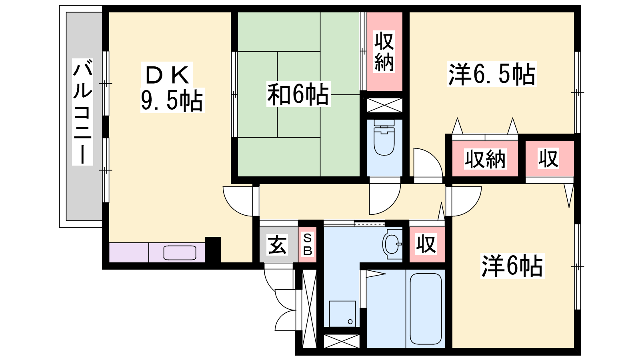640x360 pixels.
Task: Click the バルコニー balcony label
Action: click(82, 112)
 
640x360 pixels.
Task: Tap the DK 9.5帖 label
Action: click(172, 87)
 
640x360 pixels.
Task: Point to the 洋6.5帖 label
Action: click(492, 74)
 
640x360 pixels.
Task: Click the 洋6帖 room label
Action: click(512, 266)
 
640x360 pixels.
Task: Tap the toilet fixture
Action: click(384, 138)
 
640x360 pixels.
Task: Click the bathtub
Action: click(426, 309)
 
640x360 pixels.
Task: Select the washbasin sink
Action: click(392, 244)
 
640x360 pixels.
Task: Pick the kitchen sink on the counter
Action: click(180, 253)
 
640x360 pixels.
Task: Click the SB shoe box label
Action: click(308, 244)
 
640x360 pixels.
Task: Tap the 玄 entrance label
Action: click(277, 244)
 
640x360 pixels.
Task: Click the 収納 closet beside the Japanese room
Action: click(384, 52)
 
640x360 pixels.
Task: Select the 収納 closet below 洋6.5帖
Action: click(485, 158)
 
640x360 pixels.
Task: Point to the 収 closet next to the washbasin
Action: click(427, 244)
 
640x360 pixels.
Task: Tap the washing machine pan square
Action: click(342, 314)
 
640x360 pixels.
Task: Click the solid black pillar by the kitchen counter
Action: click(213, 250)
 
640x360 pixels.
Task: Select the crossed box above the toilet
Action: click(384, 105)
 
